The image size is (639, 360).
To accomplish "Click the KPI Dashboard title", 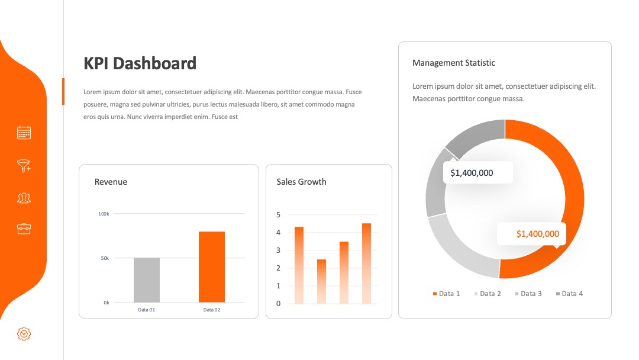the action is (140, 63).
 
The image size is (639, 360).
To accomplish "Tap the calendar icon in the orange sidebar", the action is (24, 133).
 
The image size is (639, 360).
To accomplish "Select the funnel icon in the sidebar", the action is (24, 166).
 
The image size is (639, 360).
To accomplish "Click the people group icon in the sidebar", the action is (24, 198).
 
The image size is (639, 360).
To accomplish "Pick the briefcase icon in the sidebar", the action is (24, 229).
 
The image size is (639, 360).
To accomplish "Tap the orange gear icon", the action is (24, 334).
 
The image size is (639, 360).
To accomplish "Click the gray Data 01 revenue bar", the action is (147, 280).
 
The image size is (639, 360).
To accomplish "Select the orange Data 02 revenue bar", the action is (212, 267).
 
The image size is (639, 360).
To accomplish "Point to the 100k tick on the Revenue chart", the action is (104, 214).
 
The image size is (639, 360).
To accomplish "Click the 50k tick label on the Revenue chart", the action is (105, 258).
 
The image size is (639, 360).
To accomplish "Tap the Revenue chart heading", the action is (111, 182).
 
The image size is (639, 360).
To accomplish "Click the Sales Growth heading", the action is (302, 182).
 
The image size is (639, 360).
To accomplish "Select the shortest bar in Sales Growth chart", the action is (321, 281).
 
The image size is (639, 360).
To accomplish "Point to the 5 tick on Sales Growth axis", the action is (278, 214).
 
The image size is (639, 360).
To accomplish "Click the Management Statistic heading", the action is (454, 63).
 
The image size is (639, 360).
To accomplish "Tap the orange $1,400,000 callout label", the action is (537, 234).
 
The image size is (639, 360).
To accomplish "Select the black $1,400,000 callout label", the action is (472, 173).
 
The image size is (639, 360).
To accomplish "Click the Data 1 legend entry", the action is (446, 294).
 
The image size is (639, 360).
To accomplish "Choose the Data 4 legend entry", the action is (569, 294).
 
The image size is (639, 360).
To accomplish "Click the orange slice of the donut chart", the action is (575, 199).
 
